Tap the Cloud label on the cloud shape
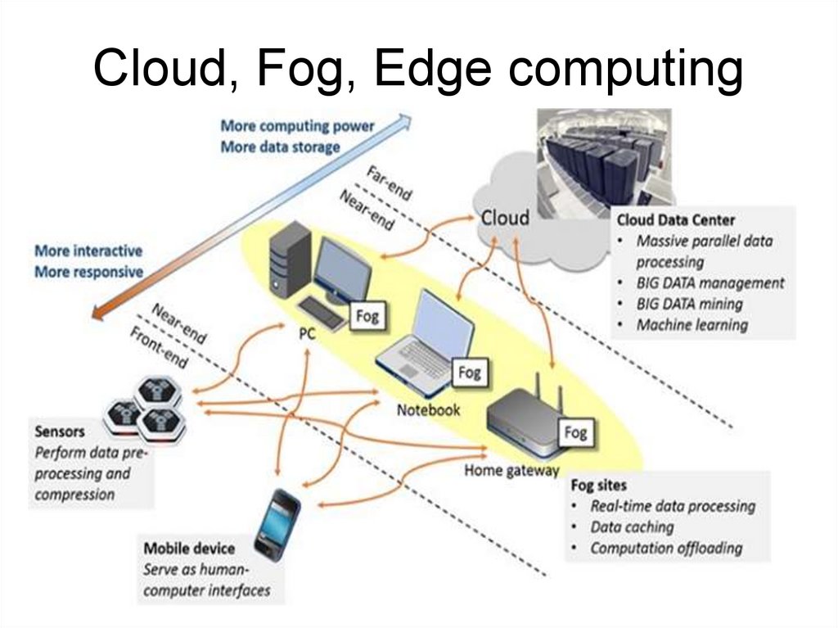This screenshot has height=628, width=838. tap(504, 218)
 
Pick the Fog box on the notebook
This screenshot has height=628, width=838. tap(469, 373)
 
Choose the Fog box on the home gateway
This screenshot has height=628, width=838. tap(575, 431)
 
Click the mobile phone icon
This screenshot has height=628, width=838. tap(277, 523)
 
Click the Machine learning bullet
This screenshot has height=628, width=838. tap(692, 325)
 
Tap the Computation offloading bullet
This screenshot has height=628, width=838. tap(665, 549)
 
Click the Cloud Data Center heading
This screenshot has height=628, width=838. tap(675, 219)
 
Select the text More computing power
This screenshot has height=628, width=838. tap(296, 126)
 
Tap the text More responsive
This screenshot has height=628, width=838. tap(88, 272)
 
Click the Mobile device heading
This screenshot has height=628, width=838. tap(189, 549)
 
